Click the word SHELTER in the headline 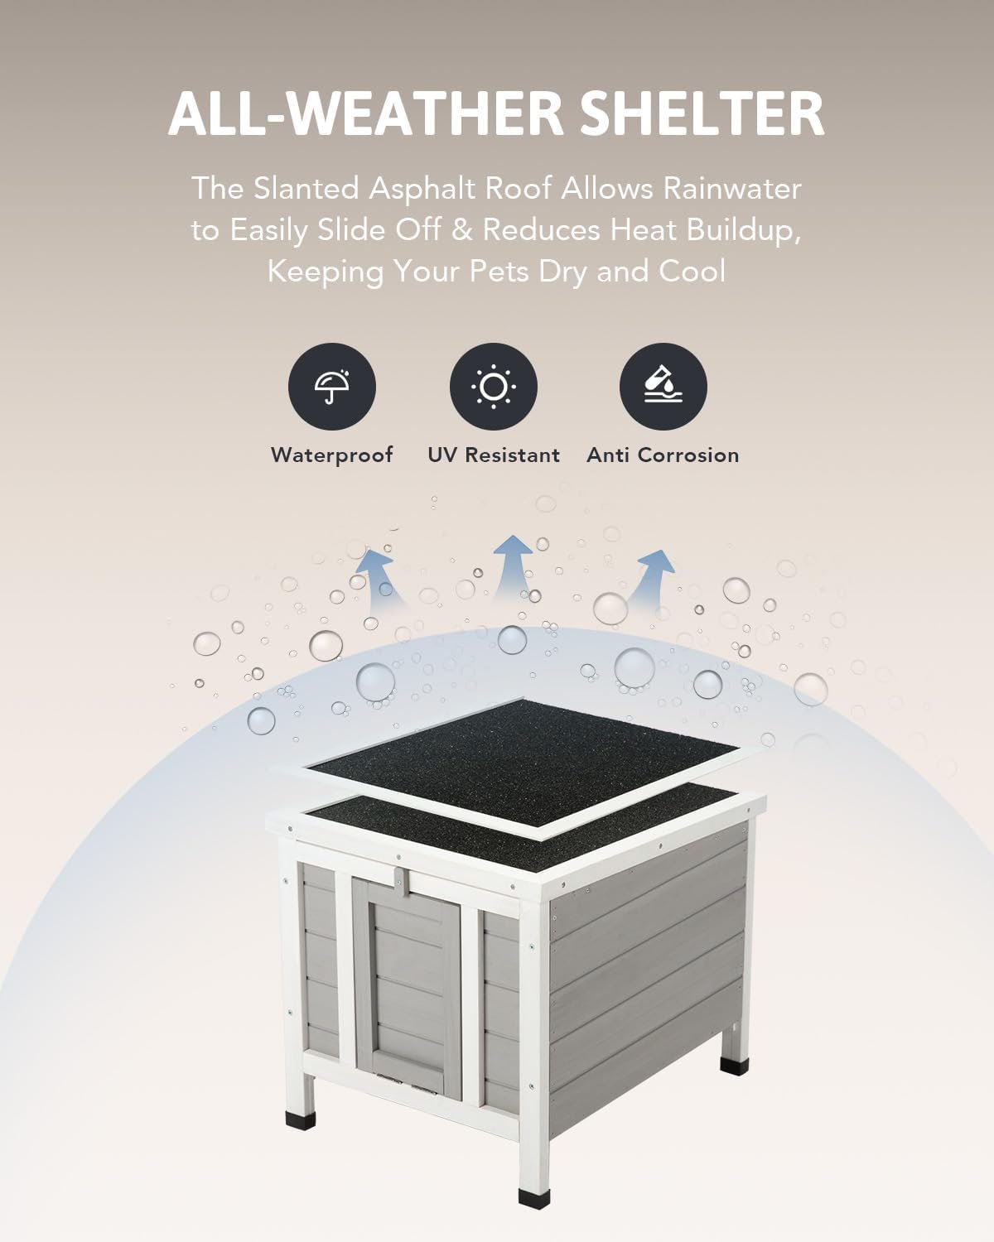[x=702, y=113]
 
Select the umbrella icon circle [x=332, y=386]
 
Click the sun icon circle [x=493, y=386]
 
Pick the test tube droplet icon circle [x=663, y=386]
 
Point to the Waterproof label [x=332, y=455]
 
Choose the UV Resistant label [x=493, y=455]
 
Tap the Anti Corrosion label [x=663, y=455]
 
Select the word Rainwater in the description [x=732, y=189]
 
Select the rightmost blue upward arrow [x=652, y=578]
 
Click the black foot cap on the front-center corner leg [x=534, y=1193]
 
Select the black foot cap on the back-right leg [x=735, y=1065]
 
